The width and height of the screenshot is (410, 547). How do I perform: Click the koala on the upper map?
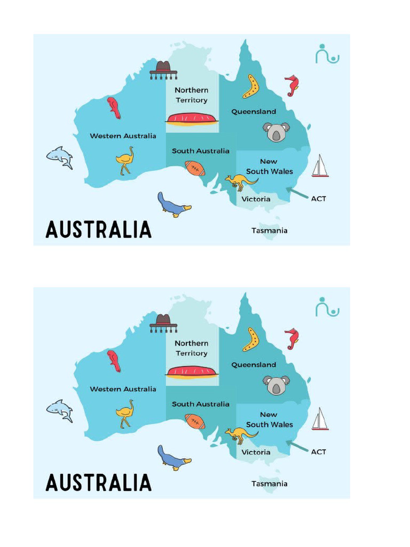[x=276, y=131]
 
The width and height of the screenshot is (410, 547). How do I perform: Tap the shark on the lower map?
[x=60, y=410]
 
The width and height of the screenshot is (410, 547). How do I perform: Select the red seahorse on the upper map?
[x=291, y=85]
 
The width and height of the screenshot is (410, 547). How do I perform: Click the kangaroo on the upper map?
[x=240, y=182]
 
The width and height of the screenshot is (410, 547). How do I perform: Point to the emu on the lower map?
[x=125, y=413]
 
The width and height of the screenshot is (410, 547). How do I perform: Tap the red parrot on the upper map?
[x=114, y=107]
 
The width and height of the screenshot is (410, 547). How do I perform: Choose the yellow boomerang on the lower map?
[x=250, y=339]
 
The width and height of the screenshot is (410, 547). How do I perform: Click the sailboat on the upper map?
[x=320, y=166]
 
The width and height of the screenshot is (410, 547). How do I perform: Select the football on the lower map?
[x=195, y=421]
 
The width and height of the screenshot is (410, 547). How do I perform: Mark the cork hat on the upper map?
[x=163, y=69]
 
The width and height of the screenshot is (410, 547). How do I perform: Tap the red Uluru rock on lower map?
[x=192, y=371]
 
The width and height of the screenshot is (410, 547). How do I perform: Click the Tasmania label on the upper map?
[x=270, y=231]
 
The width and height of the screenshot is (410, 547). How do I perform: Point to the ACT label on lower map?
[x=319, y=452]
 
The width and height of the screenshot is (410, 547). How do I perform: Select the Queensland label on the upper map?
[x=254, y=112]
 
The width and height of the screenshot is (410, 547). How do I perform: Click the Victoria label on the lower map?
[x=256, y=452]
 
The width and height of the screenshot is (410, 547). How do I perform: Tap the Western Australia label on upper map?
[x=123, y=136]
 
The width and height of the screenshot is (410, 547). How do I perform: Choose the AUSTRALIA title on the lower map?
[x=99, y=483]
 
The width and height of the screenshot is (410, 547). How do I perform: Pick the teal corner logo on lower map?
[x=327, y=307]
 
